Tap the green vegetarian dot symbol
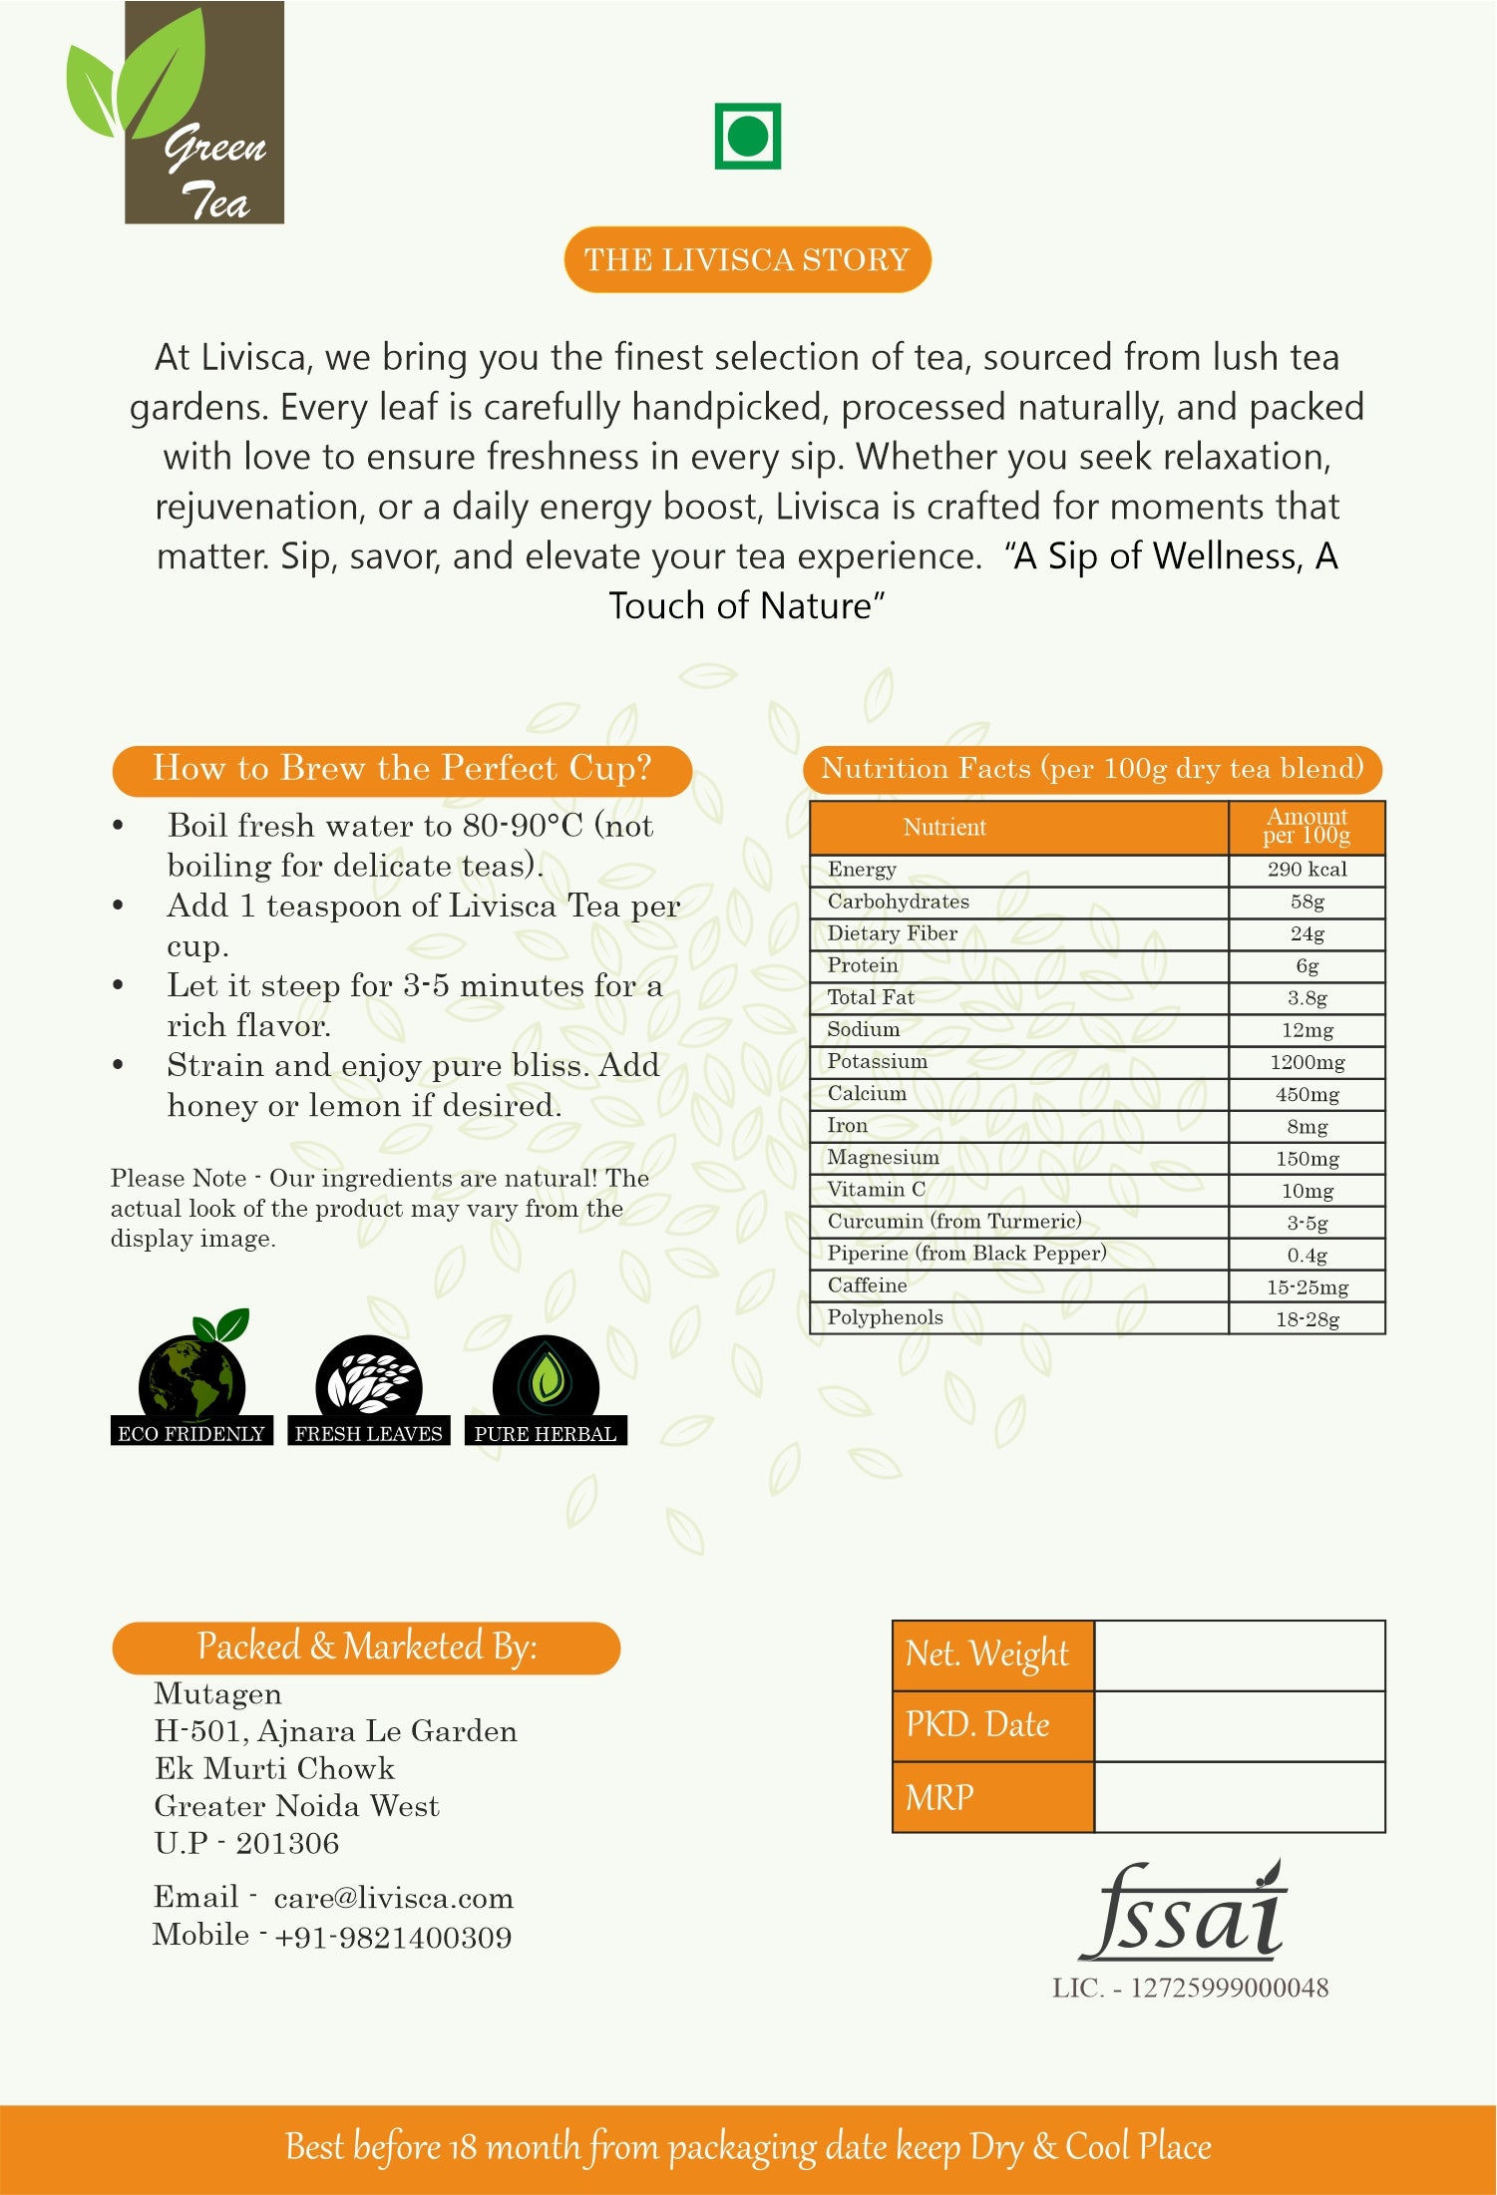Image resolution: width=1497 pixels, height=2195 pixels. coord(747,137)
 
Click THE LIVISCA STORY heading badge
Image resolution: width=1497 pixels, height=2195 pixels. coord(747,260)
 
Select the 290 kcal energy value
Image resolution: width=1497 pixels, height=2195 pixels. coord(1307,870)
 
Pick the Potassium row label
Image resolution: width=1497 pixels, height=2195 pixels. coord(878,1061)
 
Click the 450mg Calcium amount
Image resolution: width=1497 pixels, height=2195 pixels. coord(1307,1094)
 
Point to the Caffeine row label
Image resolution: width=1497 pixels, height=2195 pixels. coord(868,1285)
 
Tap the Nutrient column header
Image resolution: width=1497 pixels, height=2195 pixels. coord(944,828)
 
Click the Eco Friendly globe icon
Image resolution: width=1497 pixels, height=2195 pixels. coord(192,1381)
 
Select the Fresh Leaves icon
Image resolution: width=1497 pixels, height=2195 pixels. coord(369,1381)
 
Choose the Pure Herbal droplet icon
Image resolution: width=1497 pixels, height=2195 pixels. coord(546,1381)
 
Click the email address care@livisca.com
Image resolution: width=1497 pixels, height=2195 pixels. coord(394,1899)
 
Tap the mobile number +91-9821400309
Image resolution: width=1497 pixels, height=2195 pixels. coord(393,1938)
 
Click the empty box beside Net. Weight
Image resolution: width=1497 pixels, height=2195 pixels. coord(1240,1655)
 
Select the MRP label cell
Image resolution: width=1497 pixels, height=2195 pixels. coord(992,1797)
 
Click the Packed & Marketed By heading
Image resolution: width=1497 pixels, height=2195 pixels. coord(366,1647)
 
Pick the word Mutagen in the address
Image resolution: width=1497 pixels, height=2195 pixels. coord(218,1694)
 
